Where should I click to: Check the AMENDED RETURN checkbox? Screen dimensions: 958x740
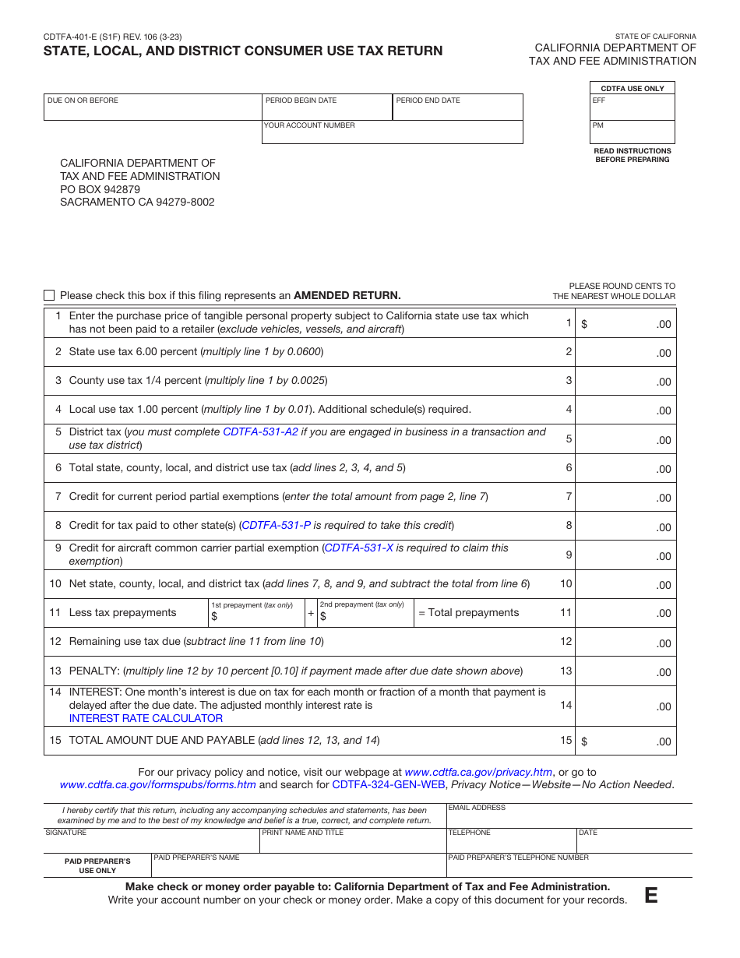click(x=49, y=295)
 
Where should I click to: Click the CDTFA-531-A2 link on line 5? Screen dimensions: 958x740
click(x=260, y=431)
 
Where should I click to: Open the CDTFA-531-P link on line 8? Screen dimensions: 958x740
click(x=276, y=525)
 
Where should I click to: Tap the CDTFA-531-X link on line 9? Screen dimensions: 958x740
click(x=358, y=548)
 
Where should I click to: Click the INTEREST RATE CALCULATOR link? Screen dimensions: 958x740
click(x=146, y=718)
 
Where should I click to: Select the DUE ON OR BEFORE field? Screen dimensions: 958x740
click(x=153, y=109)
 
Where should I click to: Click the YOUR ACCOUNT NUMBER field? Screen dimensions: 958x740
click(x=392, y=134)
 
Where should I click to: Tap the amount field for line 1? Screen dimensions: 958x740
click(x=625, y=324)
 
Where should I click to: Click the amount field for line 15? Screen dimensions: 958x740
click(x=625, y=741)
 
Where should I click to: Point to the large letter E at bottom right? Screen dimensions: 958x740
click(x=650, y=896)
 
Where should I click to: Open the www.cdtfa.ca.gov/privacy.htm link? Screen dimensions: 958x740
click(x=478, y=772)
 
